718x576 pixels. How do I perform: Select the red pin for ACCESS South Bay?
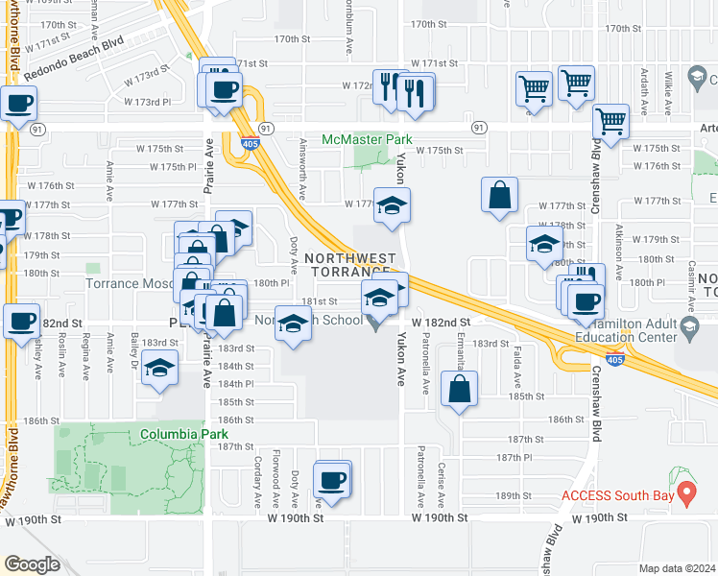click(686, 494)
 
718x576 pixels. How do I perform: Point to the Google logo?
click(32, 564)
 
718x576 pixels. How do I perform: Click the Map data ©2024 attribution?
click(678, 568)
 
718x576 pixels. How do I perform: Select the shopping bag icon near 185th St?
click(460, 389)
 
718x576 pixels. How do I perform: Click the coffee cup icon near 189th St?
click(332, 479)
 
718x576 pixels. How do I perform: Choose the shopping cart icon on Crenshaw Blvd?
click(611, 121)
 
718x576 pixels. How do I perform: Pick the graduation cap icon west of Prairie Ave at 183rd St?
click(160, 369)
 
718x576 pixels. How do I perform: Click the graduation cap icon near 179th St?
click(544, 244)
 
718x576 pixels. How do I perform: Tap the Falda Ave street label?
click(516, 362)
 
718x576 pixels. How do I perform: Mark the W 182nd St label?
click(441, 324)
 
